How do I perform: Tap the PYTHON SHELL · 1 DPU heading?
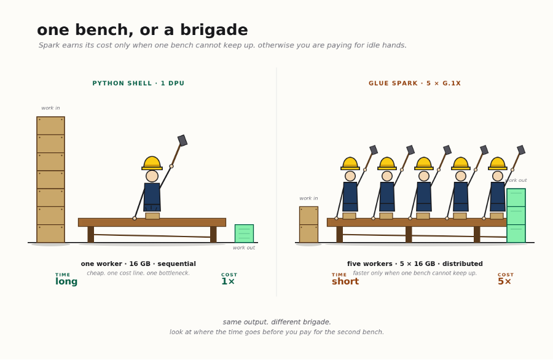(x=138, y=83)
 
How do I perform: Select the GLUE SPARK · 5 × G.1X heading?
(x=415, y=83)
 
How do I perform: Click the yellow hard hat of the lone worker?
(x=152, y=163)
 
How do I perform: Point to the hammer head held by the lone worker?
(x=182, y=140)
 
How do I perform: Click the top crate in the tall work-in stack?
(x=51, y=125)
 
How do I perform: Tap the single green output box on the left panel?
(x=244, y=233)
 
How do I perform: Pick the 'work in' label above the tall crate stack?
(x=50, y=108)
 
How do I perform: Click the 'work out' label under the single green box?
(x=244, y=248)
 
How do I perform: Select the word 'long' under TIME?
(x=66, y=281)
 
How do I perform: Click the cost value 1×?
(x=228, y=281)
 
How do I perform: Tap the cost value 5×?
(x=504, y=281)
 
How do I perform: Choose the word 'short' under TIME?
(x=345, y=281)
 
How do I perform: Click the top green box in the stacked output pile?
(x=516, y=197)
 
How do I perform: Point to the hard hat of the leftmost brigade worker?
(x=350, y=163)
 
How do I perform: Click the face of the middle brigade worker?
(x=424, y=176)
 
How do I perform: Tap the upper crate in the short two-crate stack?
(x=308, y=216)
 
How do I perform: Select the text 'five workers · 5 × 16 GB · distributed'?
(x=415, y=264)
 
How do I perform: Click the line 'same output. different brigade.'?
(x=277, y=322)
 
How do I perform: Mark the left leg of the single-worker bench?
(x=91, y=235)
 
